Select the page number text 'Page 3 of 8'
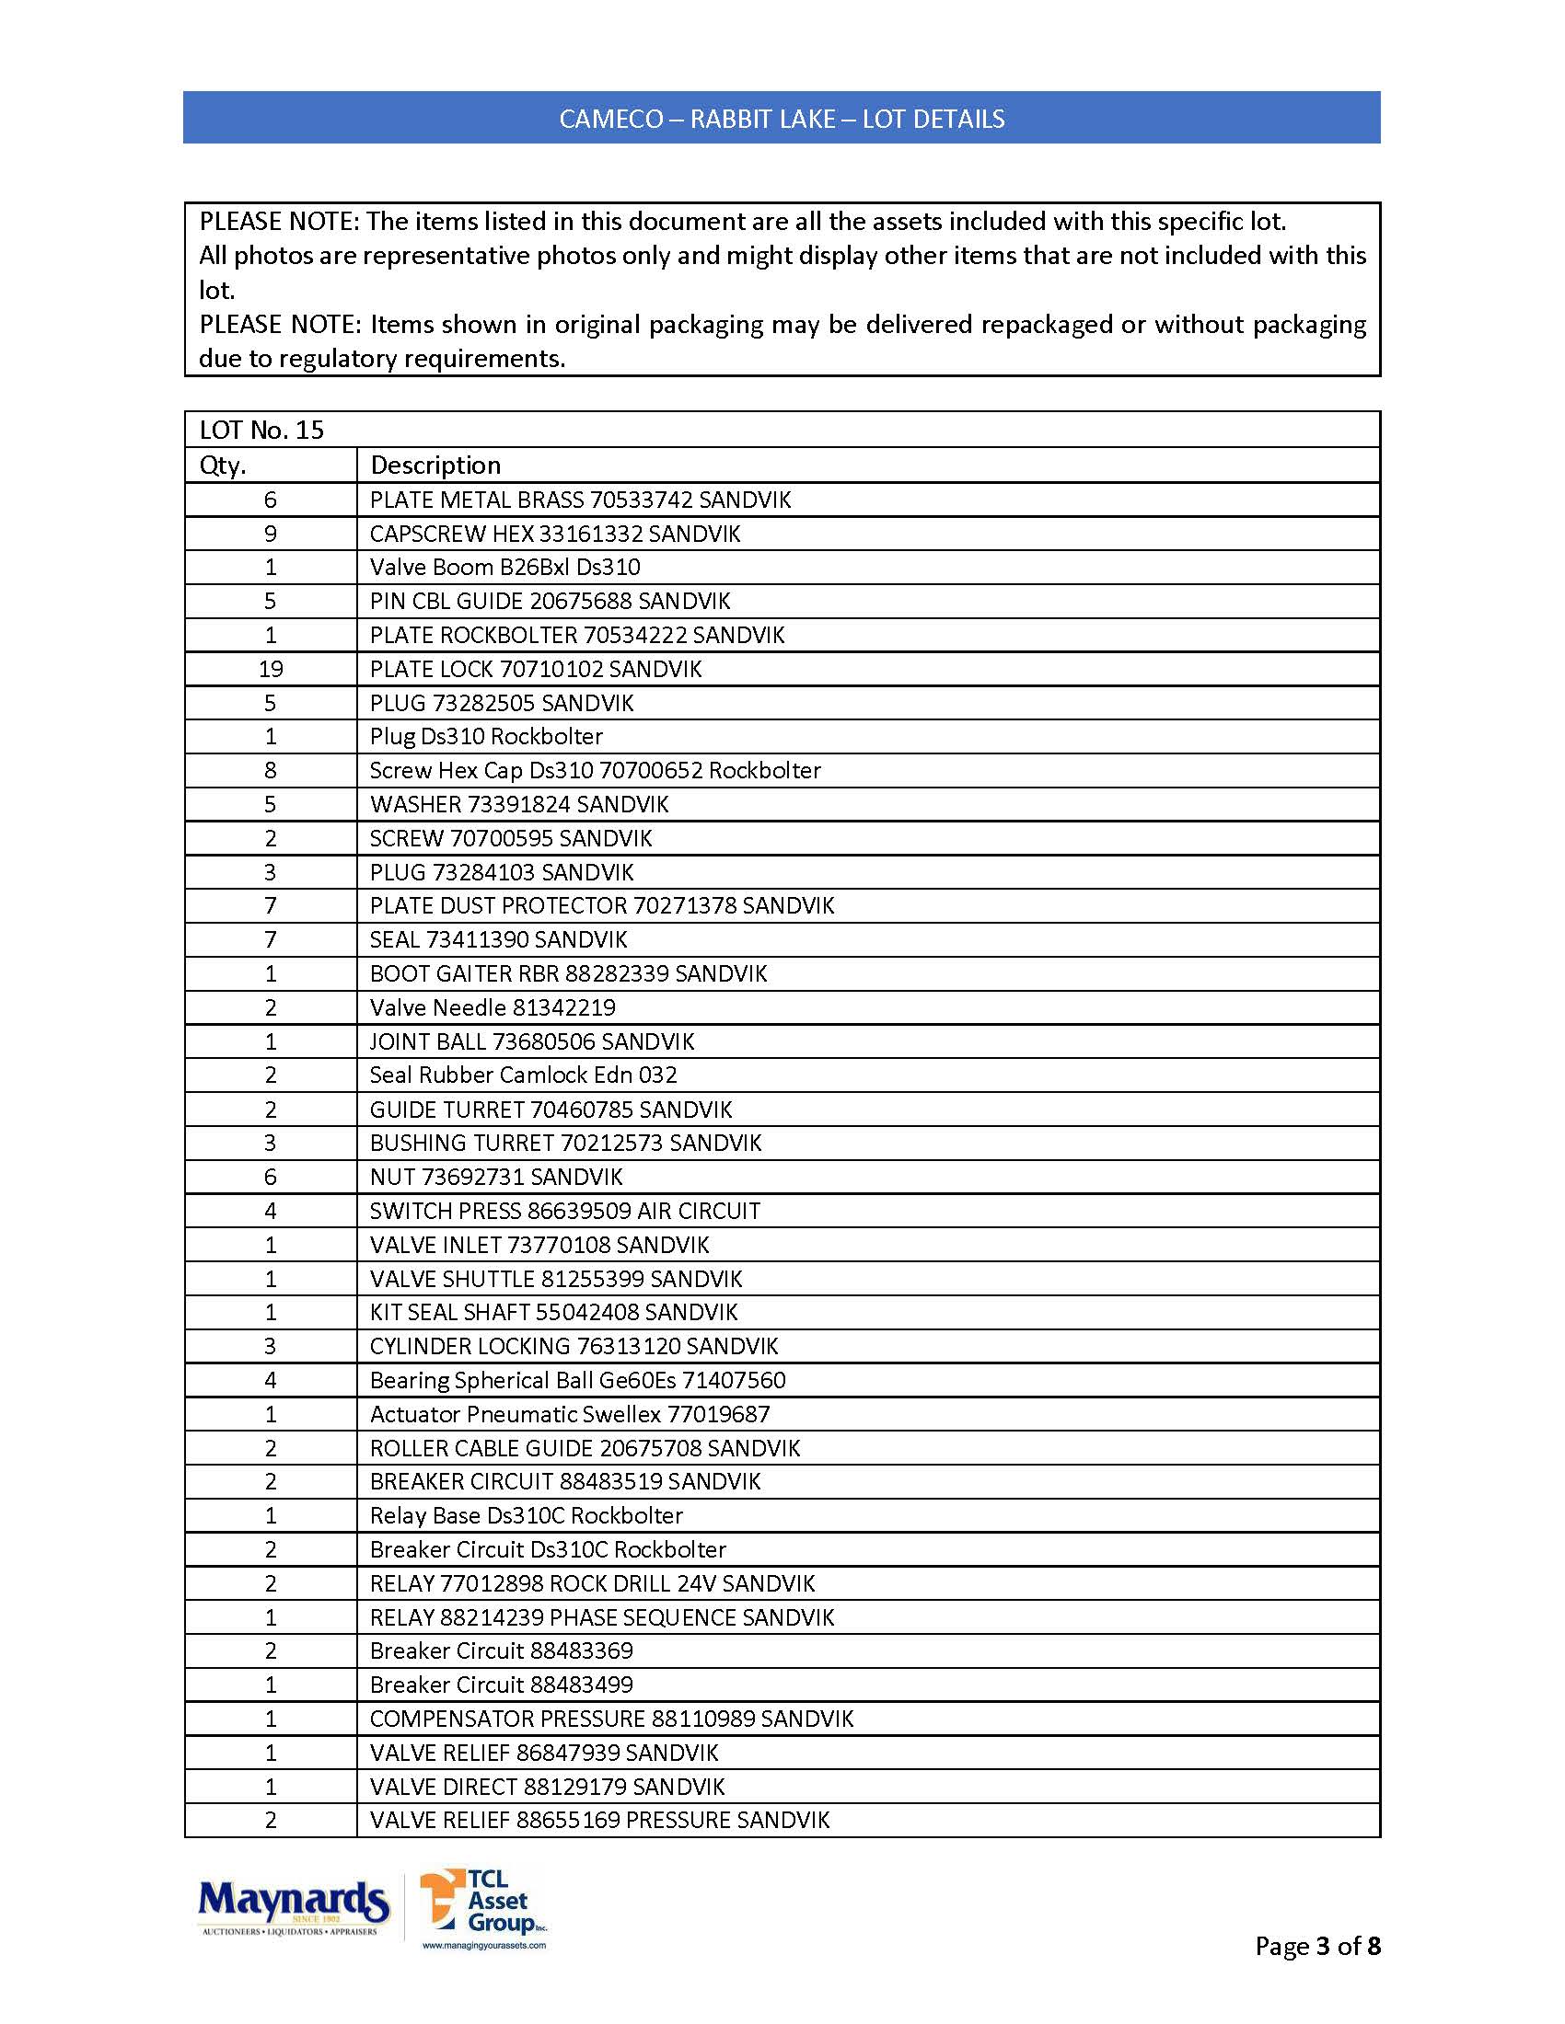tap(1316, 1945)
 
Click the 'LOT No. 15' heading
tap(261, 430)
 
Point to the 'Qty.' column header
tap(223, 466)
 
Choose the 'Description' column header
tap(435, 466)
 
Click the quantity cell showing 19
tap(271, 669)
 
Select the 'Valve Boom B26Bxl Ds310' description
tap(504, 567)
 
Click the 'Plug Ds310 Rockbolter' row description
tap(486, 737)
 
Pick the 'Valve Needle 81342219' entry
tap(493, 1007)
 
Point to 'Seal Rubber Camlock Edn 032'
tap(523, 1075)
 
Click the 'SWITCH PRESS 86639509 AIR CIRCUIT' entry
tap(564, 1212)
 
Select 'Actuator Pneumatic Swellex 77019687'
tap(569, 1414)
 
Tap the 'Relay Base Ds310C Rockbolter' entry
tap(526, 1516)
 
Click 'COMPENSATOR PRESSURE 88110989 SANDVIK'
tap(611, 1719)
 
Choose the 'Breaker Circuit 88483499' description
tap(501, 1685)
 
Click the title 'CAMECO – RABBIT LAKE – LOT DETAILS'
tap(782, 119)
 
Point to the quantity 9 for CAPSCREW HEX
tap(271, 534)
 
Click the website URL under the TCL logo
tap(484, 1946)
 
